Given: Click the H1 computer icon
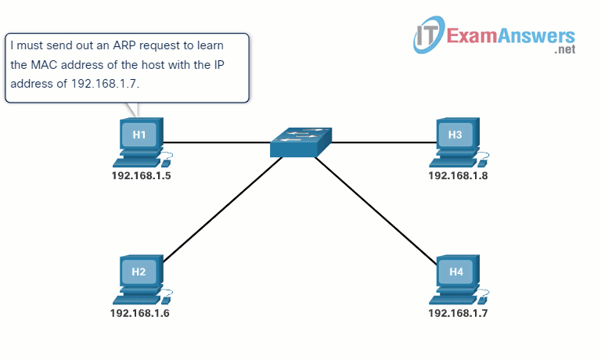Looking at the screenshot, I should pyautogui.click(x=140, y=141).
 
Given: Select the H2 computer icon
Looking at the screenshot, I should pyautogui.click(x=140, y=279).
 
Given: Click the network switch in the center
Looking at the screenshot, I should pyautogui.click(x=300, y=143).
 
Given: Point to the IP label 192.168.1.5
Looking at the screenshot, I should pyautogui.click(x=141, y=175).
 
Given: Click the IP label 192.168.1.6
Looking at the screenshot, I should pyautogui.click(x=140, y=313).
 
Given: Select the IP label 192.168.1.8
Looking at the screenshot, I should pyautogui.click(x=458, y=175).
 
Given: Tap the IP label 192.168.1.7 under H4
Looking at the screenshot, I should pyautogui.click(x=458, y=313).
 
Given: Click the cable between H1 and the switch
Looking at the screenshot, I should pyautogui.click(x=215, y=142).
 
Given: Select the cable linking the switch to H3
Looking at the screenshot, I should pyautogui.click(x=383, y=142).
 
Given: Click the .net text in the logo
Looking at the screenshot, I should pyautogui.click(x=564, y=50).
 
